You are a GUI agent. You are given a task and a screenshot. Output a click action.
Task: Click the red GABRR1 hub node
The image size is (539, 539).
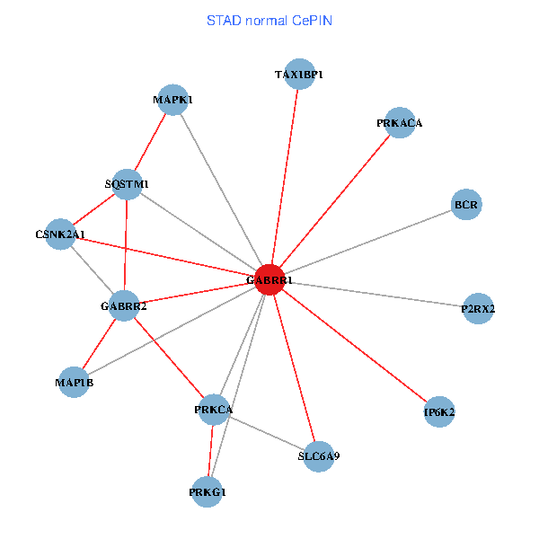(270, 280)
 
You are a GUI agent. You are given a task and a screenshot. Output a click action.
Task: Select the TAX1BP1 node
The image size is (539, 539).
(298, 75)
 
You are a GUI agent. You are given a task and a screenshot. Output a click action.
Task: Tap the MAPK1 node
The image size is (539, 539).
(172, 100)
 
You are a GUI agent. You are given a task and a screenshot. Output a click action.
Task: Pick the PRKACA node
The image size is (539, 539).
(399, 123)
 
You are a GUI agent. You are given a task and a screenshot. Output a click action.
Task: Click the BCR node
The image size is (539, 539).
(466, 205)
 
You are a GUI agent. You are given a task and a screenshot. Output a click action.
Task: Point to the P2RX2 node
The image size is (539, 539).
(478, 309)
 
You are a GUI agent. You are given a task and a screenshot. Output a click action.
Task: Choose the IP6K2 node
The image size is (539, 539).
(439, 412)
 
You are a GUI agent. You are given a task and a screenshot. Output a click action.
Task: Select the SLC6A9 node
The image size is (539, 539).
(319, 456)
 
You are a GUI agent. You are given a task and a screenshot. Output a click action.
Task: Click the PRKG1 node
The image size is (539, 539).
(208, 491)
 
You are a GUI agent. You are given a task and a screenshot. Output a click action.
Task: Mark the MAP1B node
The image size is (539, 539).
(74, 383)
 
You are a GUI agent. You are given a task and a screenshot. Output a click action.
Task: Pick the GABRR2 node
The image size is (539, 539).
(124, 306)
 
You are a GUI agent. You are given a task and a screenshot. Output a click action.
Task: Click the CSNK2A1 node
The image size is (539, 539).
(60, 234)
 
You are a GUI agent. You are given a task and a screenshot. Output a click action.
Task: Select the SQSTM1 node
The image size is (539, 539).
(127, 184)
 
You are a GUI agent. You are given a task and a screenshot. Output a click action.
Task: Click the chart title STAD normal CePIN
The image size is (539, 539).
(269, 20)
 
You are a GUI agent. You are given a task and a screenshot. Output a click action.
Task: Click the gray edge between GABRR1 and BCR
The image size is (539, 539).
(368, 243)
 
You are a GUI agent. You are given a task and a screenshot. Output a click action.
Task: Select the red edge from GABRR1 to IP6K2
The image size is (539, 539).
(355, 347)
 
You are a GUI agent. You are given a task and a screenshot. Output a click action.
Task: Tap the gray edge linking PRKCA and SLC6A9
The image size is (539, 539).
(267, 433)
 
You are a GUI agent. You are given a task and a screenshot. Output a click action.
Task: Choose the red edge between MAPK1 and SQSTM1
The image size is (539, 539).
(150, 142)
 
